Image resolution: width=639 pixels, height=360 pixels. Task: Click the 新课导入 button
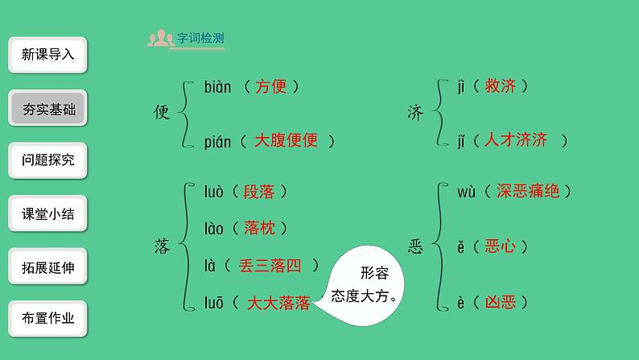[48, 55]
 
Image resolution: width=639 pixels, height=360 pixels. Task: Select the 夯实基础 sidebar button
[48, 108]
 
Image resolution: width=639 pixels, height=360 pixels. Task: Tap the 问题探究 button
[48, 160]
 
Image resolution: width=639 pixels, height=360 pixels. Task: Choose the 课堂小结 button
[48, 213]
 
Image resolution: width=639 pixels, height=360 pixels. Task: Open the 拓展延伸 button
[48, 267]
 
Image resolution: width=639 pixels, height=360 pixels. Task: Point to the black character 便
[162, 114]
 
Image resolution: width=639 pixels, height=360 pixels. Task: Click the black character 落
[162, 247]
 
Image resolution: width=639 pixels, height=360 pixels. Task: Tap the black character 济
[415, 114]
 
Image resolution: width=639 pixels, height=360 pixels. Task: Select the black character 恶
[415, 247]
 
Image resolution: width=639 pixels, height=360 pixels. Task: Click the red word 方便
[270, 87]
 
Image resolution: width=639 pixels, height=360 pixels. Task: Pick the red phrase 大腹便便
[286, 140]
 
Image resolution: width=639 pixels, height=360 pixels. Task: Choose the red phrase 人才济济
[515, 140]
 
